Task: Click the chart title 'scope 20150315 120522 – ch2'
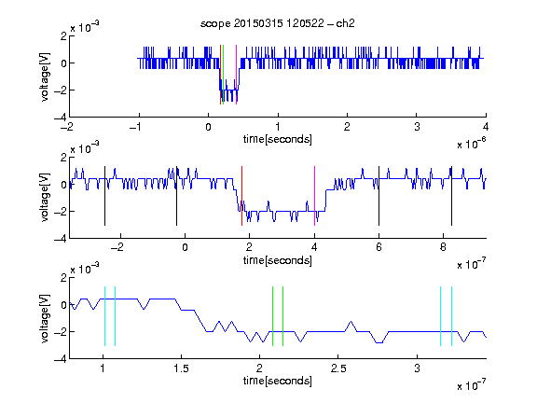(x=278, y=23)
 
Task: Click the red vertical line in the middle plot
(x=241, y=196)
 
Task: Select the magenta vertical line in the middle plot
(x=314, y=196)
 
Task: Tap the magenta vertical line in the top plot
(x=236, y=75)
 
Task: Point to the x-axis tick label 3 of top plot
(x=417, y=127)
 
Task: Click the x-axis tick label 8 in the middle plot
(x=443, y=247)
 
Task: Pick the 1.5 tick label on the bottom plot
(x=181, y=368)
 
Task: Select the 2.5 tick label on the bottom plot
(x=338, y=368)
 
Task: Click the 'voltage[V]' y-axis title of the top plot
(x=45, y=76)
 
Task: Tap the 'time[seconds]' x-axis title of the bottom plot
(x=278, y=381)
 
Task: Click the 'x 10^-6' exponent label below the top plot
(x=471, y=144)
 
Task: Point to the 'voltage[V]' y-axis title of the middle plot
(x=45, y=198)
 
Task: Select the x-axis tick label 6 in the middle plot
(x=379, y=247)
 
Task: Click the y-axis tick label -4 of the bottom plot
(x=61, y=359)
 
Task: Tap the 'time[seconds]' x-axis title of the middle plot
(x=278, y=260)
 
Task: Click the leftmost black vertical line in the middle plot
(x=104, y=196)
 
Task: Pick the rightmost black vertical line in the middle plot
(x=451, y=196)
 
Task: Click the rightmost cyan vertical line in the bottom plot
(x=451, y=316)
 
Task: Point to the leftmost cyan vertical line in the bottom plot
(x=104, y=316)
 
